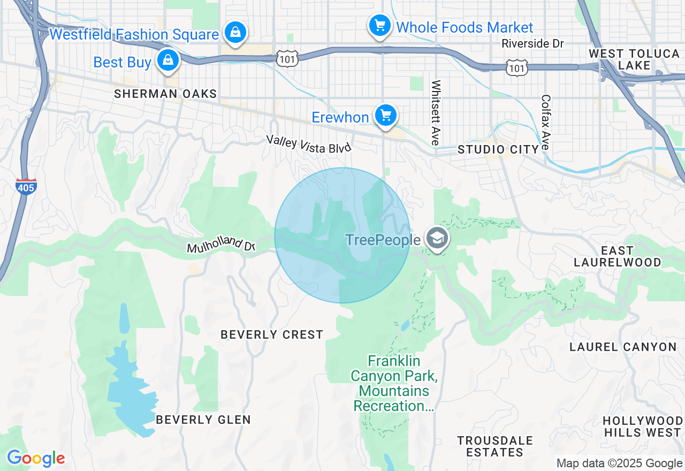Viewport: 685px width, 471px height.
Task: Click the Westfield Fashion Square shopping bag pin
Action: (235, 32)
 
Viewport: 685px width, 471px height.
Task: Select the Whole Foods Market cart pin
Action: (379, 25)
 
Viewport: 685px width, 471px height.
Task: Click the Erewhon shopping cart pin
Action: (385, 115)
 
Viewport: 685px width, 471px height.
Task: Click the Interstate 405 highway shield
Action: (26, 186)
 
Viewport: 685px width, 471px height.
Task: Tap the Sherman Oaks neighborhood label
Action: (165, 94)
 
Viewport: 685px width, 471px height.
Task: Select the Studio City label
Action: (498, 150)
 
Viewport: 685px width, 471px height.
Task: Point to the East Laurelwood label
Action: (617, 256)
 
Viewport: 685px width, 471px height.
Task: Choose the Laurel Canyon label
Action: (623, 347)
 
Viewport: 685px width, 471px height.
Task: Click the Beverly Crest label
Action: (272, 335)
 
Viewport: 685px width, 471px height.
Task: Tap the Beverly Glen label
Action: (203, 420)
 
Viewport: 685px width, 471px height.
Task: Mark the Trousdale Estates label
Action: (495, 446)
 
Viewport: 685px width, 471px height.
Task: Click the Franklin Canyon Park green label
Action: (394, 383)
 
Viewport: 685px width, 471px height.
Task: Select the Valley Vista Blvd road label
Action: (309, 145)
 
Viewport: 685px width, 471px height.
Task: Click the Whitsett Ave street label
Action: (436, 112)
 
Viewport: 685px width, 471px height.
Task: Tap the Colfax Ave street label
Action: (546, 123)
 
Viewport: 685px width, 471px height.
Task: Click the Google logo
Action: (36, 458)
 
